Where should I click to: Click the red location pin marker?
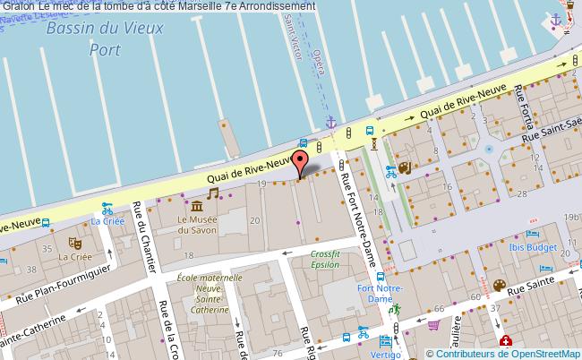tap(302, 163)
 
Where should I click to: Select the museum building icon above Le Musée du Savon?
tap(195, 207)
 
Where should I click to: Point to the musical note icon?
tap(213, 192)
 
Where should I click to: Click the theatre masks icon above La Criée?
tap(76, 242)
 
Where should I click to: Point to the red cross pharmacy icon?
tap(507, 341)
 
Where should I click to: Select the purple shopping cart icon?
tap(433, 326)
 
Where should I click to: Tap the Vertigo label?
tap(386, 355)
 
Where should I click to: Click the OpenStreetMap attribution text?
tap(504, 353)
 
